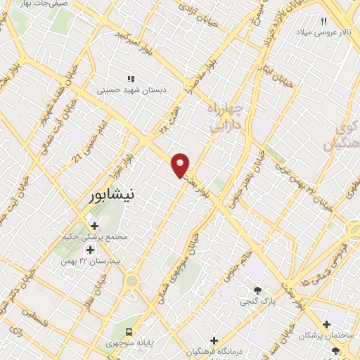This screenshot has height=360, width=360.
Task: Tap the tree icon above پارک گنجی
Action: (258, 290)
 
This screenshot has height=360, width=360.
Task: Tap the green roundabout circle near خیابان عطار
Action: (131, 281)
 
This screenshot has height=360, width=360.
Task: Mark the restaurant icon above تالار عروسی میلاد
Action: (324, 21)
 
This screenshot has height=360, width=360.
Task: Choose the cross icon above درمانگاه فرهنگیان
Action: (214, 340)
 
